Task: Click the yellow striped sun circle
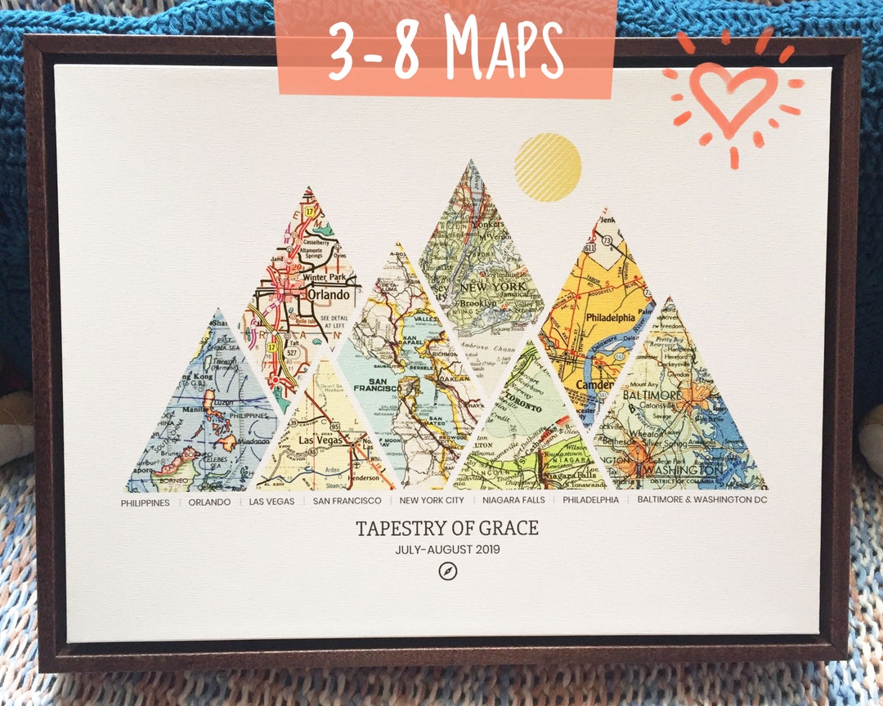coord(548,168)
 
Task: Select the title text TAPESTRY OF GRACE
coord(447,528)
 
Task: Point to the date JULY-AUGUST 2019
coord(447,550)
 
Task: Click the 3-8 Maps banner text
coord(446,47)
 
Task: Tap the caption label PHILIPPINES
coord(146,503)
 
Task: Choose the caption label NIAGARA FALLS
coord(513,500)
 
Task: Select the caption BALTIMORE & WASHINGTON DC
coord(702,499)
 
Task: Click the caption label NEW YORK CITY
coord(432,500)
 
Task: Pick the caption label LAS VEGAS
coord(271,502)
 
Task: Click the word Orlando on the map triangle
coord(328,295)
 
